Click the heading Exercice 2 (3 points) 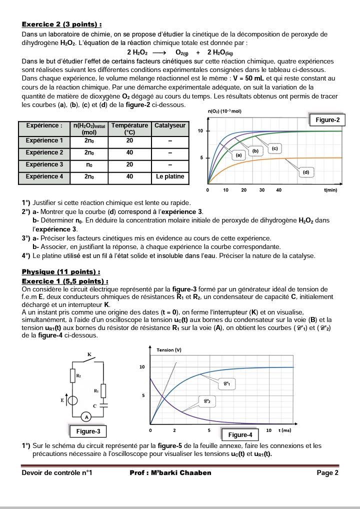pyautogui.click(x=62, y=24)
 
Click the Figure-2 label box pyautogui.click(x=327, y=120)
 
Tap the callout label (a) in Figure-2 pyautogui.click(x=238, y=155)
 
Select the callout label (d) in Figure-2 pyautogui.click(x=306, y=171)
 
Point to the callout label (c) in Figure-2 pyautogui.click(x=274, y=148)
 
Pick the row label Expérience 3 pyautogui.click(x=44, y=164)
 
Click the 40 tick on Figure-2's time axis pyautogui.click(x=279, y=190)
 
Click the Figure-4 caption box pyautogui.click(x=240, y=434)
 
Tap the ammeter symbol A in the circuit pyautogui.click(x=86, y=416)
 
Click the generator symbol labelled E pyautogui.click(x=73, y=400)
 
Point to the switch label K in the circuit pyautogui.click(x=89, y=354)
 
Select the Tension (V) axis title pyautogui.click(x=169, y=350)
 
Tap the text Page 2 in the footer pyautogui.click(x=327, y=472)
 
